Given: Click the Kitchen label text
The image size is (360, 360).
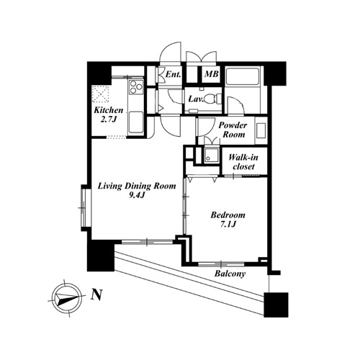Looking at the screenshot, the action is pos(109,110).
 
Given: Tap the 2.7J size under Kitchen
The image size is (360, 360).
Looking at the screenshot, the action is pos(109,120).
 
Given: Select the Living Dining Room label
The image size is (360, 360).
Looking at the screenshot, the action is pos(137,186).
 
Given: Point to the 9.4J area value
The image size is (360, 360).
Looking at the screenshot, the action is pos(137,196).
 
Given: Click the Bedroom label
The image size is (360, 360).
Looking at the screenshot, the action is pos(228,215).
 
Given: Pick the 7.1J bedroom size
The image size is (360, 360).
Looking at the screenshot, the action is pos(228,224).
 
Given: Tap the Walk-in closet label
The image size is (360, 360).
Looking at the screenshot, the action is pos(243,162).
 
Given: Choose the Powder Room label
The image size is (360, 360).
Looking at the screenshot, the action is pos(233,130).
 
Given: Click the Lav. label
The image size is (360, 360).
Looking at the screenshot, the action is pos(196,99).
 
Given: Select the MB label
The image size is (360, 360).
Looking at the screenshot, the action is pos(212,74).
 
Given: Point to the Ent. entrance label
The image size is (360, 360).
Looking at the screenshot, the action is pos(174,74).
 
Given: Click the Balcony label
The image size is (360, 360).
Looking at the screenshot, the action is pos(230,274).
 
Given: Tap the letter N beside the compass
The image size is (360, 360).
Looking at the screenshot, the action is pos(96,294).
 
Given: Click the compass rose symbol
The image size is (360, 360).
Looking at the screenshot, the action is pos(67,298).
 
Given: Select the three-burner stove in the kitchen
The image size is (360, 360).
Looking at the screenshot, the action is pos(136,86).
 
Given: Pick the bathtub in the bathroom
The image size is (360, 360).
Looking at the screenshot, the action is pos(243,76).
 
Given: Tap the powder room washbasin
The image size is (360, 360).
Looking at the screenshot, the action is pos(261,130).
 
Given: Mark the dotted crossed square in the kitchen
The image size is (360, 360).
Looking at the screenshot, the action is pos(101,93).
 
